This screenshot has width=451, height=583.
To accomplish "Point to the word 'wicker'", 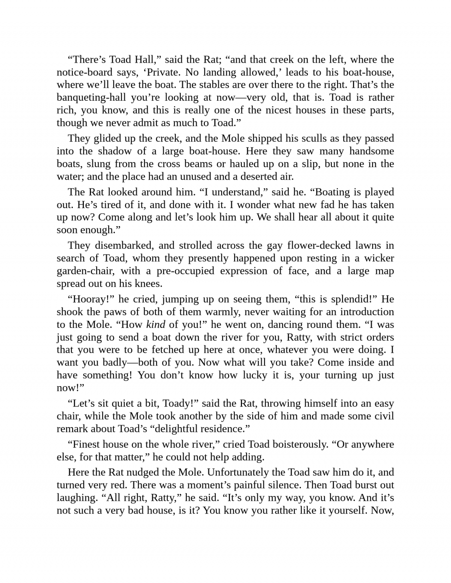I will [x=377, y=258].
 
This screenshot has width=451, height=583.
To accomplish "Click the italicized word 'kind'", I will [x=156, y=325].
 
